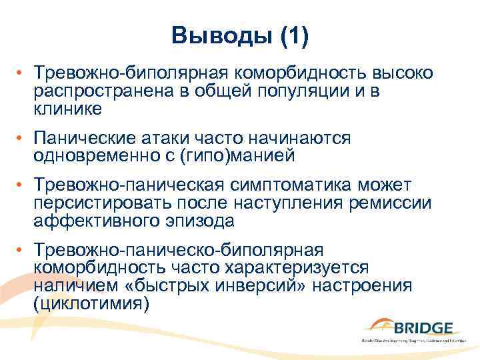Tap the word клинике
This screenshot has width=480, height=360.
(68, 108)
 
